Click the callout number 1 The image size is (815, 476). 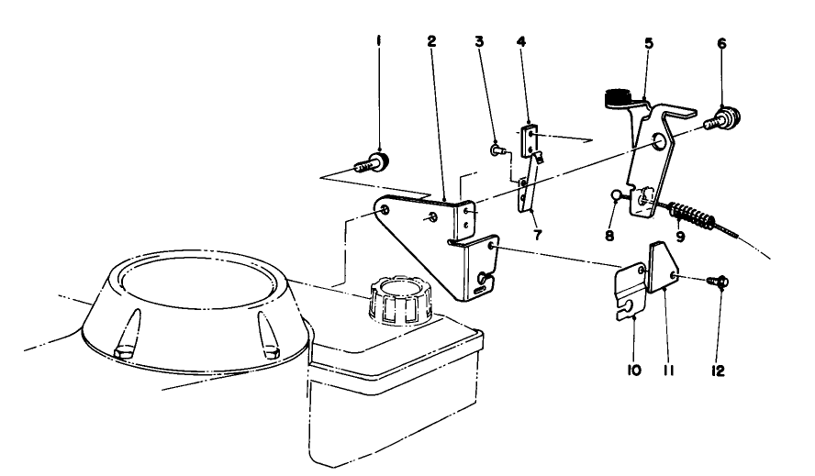click(378, 41)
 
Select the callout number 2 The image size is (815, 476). click(431, 41)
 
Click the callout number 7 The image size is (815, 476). click(537, 235)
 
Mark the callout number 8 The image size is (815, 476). click(610, 235)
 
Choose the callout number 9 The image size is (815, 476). click(680, 235)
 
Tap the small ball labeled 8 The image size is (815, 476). click(617, 194)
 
